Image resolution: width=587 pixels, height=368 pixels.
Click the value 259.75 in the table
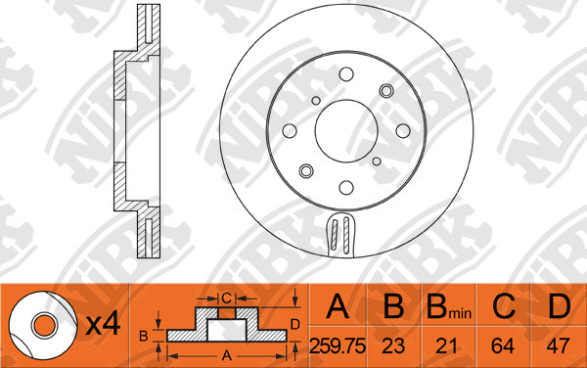tap(338, 345)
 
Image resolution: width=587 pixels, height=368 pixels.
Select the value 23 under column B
tap(393, 345)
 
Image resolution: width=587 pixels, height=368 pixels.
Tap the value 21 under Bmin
tap(447, 345)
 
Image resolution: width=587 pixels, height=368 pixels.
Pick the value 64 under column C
tap(503, 345)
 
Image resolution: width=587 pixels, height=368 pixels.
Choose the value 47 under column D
tap(558, 345)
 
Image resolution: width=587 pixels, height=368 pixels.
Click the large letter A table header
tap(338, 306)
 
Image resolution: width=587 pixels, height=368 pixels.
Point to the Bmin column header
tap(449, 307)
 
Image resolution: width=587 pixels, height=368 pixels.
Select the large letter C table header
tap(504, 306)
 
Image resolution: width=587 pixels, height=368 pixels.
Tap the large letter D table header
tap(559, 306)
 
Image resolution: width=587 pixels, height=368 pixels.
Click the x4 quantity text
tap(103, 324)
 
